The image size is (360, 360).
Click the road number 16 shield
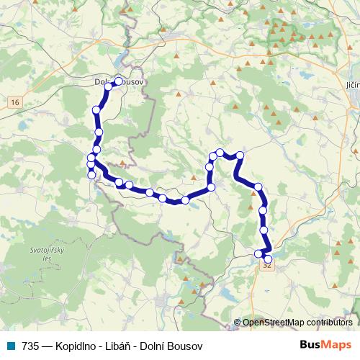pyautogui.click(x=15, y=103)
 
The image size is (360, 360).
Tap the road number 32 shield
pyautogui.click(x=268, y=265)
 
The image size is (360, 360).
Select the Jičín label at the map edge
pyautogui.click(x=352, y=85)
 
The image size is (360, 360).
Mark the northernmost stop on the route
pyautogui.click(x=119, y=81)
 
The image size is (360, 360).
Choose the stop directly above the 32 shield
pyautogui.click(x=269, y=258)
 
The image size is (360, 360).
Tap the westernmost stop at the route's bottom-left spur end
pyautogui.click(x=91, y=175)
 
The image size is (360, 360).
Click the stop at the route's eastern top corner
pyautogui.click(x=240, y=156)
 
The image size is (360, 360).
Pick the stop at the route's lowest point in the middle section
pyautogui.click(x=185, y=200)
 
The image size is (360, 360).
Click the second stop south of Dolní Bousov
pyautogui.click(x=99, y=132)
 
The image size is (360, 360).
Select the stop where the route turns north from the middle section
pyautogui.click(x=212, y=187)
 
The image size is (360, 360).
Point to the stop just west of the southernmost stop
pyautogui.click(x=258, y=253)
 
